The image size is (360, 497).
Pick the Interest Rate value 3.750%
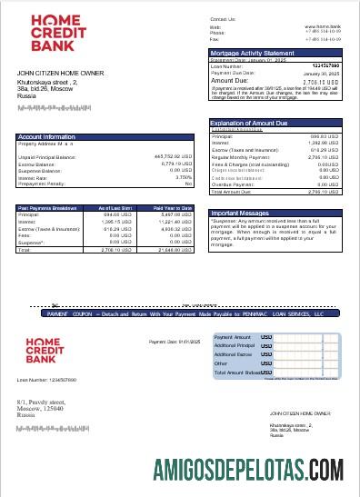[x=180, y=177]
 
